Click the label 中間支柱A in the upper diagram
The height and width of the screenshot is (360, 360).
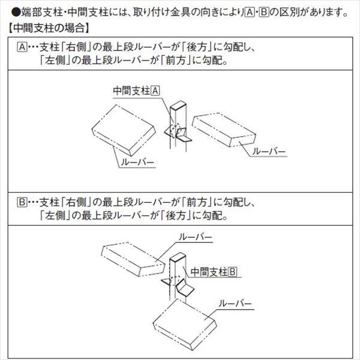pos(136,91)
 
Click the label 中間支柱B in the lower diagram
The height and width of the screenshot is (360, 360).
pos(214,272)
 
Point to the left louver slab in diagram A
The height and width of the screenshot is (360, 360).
pos(124,126)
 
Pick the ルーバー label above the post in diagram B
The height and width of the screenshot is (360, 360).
pos(196,238)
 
